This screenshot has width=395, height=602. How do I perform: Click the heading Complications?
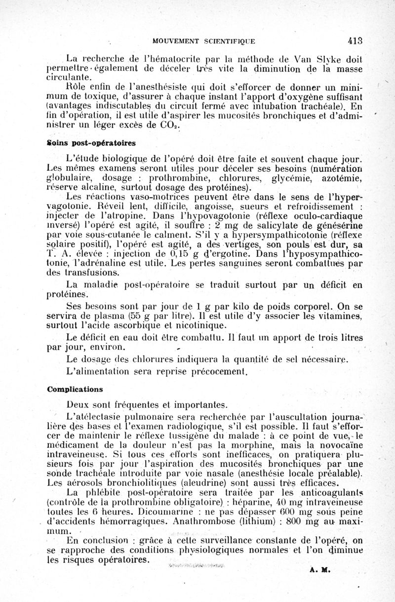(75, 389)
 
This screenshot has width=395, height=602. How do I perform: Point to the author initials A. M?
(316, 568)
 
